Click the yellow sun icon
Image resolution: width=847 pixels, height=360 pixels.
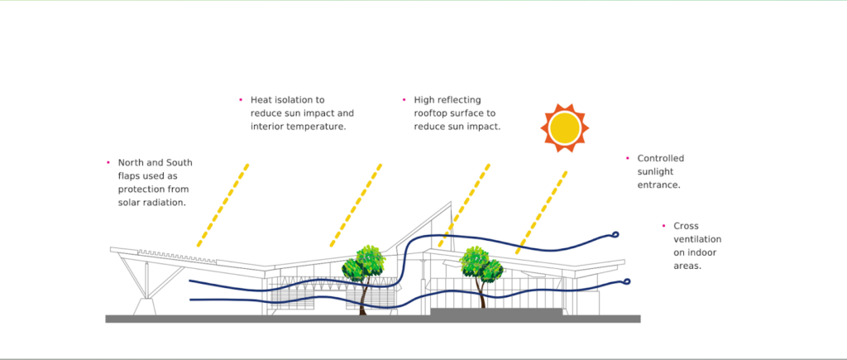tap(565, 128)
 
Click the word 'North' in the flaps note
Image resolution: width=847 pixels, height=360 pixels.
tap(132, 162)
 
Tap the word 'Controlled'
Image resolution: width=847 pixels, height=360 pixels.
tap(661, 157)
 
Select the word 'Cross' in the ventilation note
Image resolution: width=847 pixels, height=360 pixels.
tap(687, 225)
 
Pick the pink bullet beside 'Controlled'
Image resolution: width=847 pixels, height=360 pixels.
tap(628, 157)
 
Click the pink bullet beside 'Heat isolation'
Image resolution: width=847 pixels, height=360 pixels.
tap(240, 99)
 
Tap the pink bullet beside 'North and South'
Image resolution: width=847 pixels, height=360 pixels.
tap(108, 162)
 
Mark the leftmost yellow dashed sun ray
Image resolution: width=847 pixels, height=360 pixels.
tap(223, 205)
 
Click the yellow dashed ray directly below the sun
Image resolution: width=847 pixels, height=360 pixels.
tap(543, 212)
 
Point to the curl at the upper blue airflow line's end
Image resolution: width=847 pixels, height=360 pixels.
tap(615, 235)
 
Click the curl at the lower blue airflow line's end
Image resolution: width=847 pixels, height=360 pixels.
tap(626, 281)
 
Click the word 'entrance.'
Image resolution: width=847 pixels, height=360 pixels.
tap(658, 185)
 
